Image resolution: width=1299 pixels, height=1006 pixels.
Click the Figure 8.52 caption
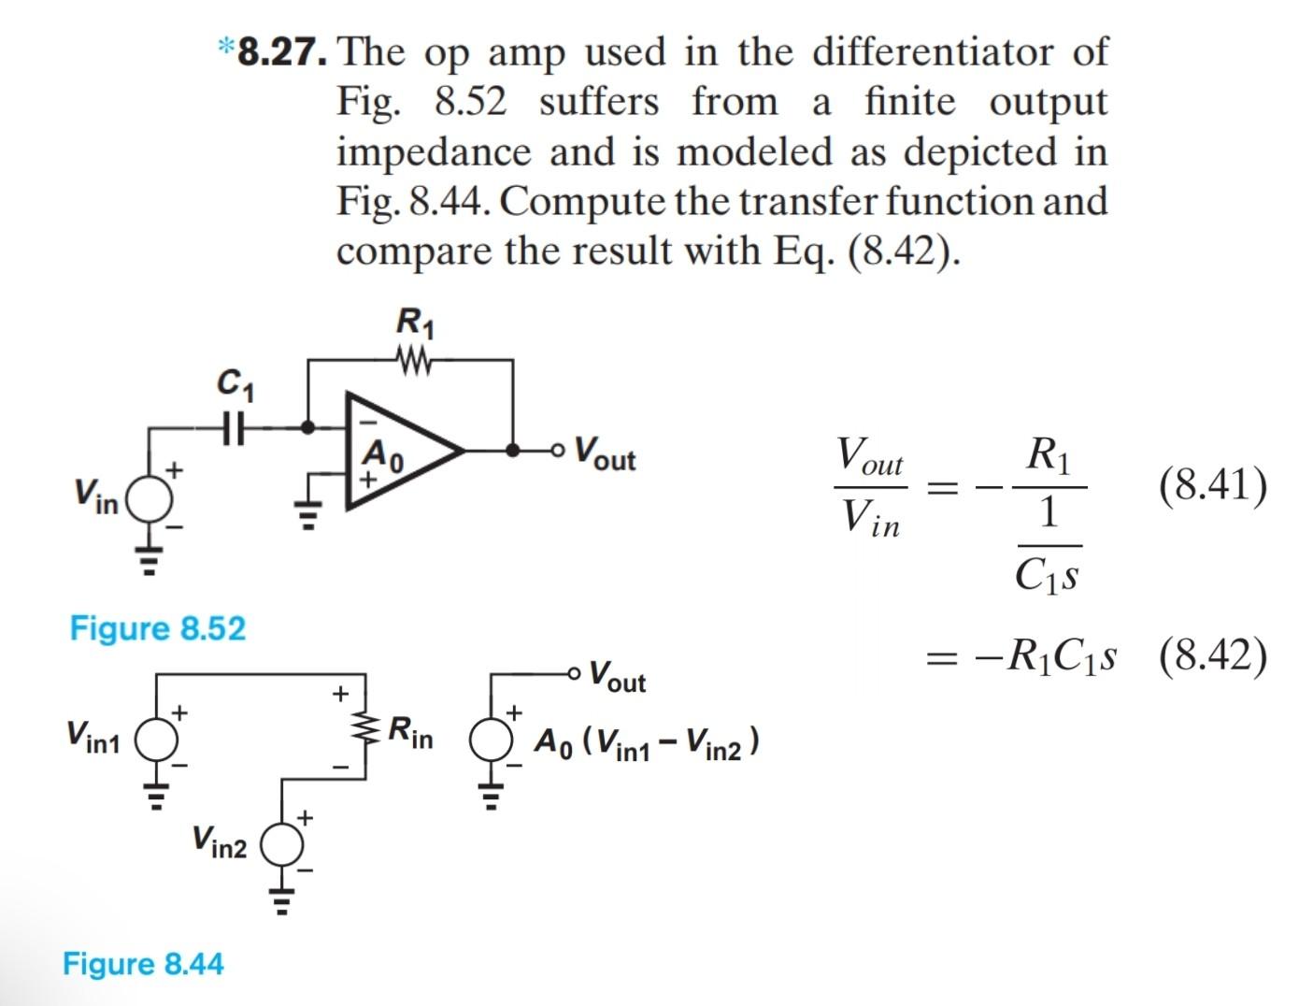[x=158, y=628]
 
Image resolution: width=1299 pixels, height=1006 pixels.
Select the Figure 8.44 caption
[x=143, y=964]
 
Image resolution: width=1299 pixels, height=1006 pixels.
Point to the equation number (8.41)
[x=1212, y=485]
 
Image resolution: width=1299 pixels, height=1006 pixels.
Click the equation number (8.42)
[x=1212, y=656]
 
